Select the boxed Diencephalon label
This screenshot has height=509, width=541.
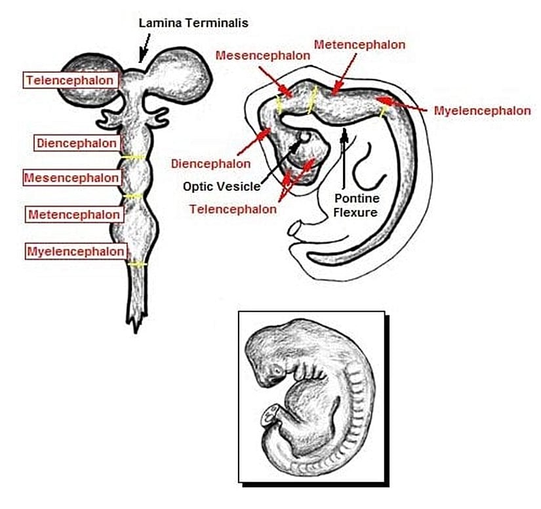coord(77,143)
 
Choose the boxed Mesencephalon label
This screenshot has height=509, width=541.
coord(72,178)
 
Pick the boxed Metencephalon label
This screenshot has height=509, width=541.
coord(75,214)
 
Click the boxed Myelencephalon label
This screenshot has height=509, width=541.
coord(75,251)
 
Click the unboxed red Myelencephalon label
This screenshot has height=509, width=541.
coord(482,110)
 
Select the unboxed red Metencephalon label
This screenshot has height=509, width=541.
coord(359,45)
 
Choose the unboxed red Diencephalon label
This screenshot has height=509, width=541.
coord(210,163)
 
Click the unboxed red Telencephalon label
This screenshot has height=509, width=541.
coord(233,209)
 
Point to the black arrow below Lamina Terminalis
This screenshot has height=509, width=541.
coord(144,49)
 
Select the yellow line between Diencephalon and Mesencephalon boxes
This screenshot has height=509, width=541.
coord(133,157)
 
